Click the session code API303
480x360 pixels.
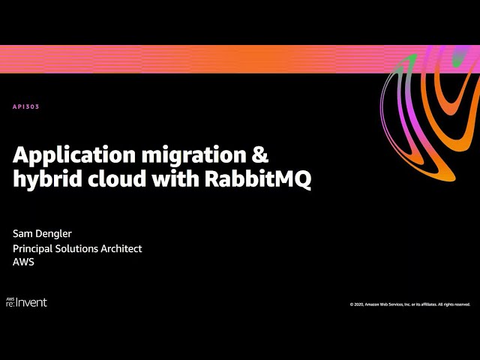[25, 106]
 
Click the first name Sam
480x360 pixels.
[22, 234]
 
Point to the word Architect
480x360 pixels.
[123, 248]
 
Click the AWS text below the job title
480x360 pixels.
[23, 262]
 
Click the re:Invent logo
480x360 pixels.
[27, 301]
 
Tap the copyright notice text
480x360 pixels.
[409, 304]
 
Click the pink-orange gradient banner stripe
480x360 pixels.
[187, 58]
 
